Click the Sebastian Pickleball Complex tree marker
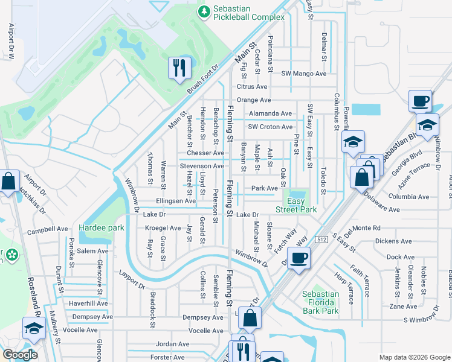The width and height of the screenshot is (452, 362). (x=205, y=11)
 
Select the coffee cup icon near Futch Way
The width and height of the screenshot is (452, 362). (x=298, y=258)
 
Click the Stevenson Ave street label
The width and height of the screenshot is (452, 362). (x=202, y=166)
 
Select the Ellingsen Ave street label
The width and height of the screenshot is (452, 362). (x=176, y=201)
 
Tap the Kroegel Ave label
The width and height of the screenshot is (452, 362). (x=163, y=228)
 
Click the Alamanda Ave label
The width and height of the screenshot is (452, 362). (x=270, y=113)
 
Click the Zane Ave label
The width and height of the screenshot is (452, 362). (x=403, y=306)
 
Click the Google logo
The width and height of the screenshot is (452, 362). (x=19, y=355)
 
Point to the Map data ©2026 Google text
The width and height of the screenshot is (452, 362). (x=414, y=357)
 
